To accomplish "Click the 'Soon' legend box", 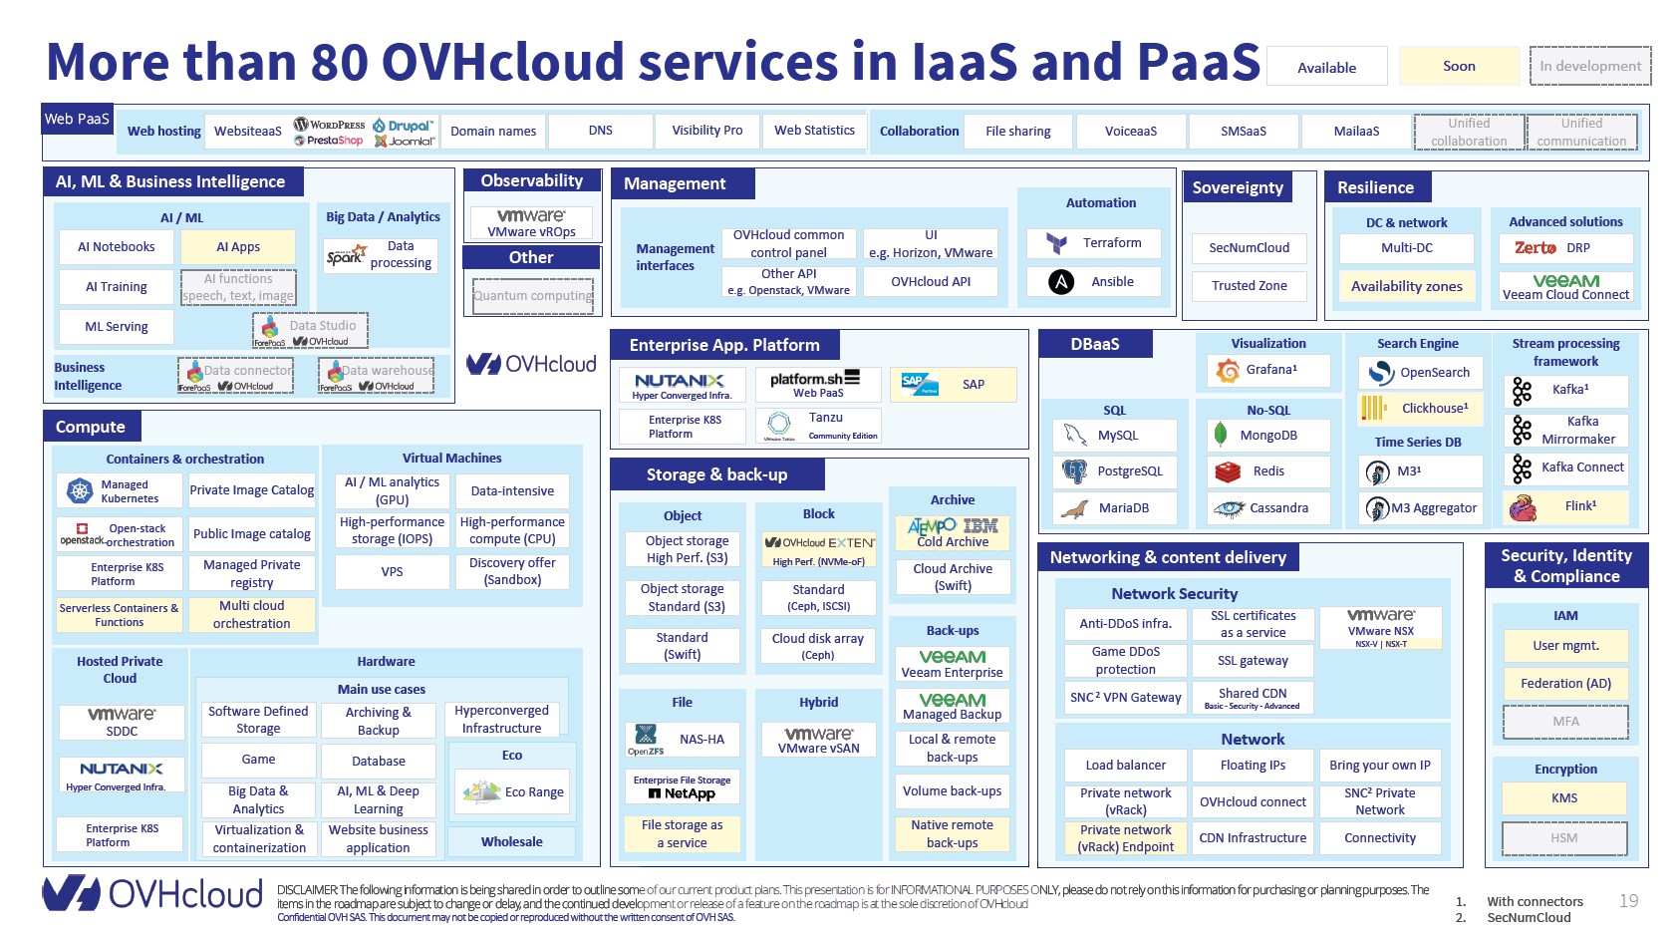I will click(1458, 67).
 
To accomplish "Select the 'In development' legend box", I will click(1589, 67).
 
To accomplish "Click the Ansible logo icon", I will click(1061, 282).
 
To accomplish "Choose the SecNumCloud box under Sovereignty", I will click(1249, 248).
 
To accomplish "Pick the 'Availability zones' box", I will click(1406, 287).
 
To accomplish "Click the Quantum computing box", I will click(532, 296).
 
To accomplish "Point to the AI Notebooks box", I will click(116, 247).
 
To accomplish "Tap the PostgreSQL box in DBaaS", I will click(1114, 471).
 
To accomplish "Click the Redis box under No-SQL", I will click(1267, 471).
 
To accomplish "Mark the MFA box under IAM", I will click(1564, 722).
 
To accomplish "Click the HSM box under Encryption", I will click(1563, 838).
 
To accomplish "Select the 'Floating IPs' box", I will click(1253, 766).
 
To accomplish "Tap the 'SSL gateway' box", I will click(1253, 661).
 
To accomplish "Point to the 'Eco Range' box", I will click(513, 792).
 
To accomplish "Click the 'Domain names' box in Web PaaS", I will click(492, 132).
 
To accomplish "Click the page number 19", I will click(1628, 901).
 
